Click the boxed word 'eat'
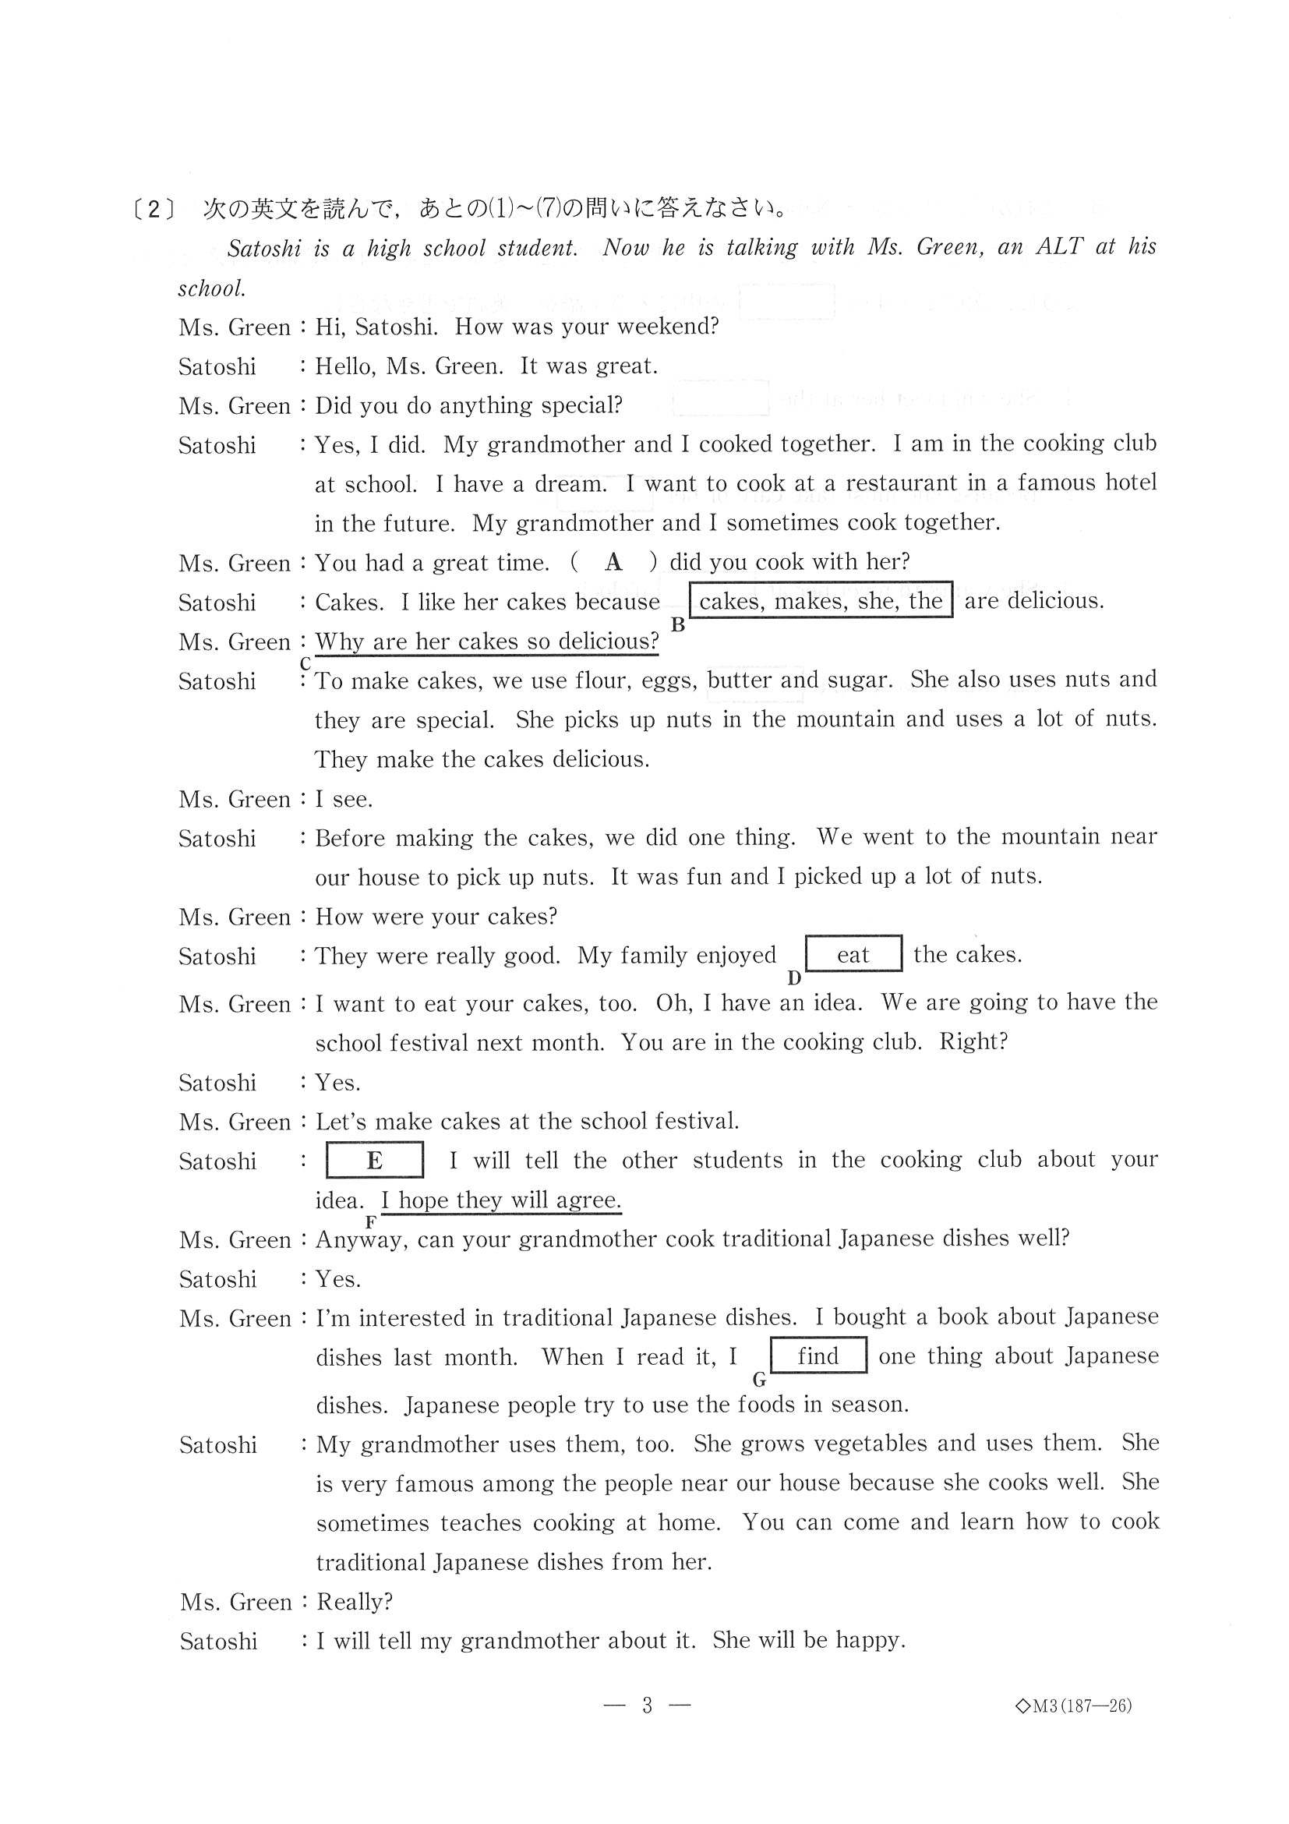[x=853, y=954]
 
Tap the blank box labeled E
[x=374, y=1161]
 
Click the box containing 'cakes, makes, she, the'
[x=821, y=600]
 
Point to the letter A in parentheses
[x=613, y=563]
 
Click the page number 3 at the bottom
[x=648, y=1705]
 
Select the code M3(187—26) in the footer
[x=1074, y=1706]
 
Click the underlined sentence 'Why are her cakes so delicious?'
[x=487, y=641]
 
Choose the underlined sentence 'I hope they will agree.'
[x=501, y=1200]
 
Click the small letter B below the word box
[x=677, y=625]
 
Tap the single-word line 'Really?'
[x=355, y=1602]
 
